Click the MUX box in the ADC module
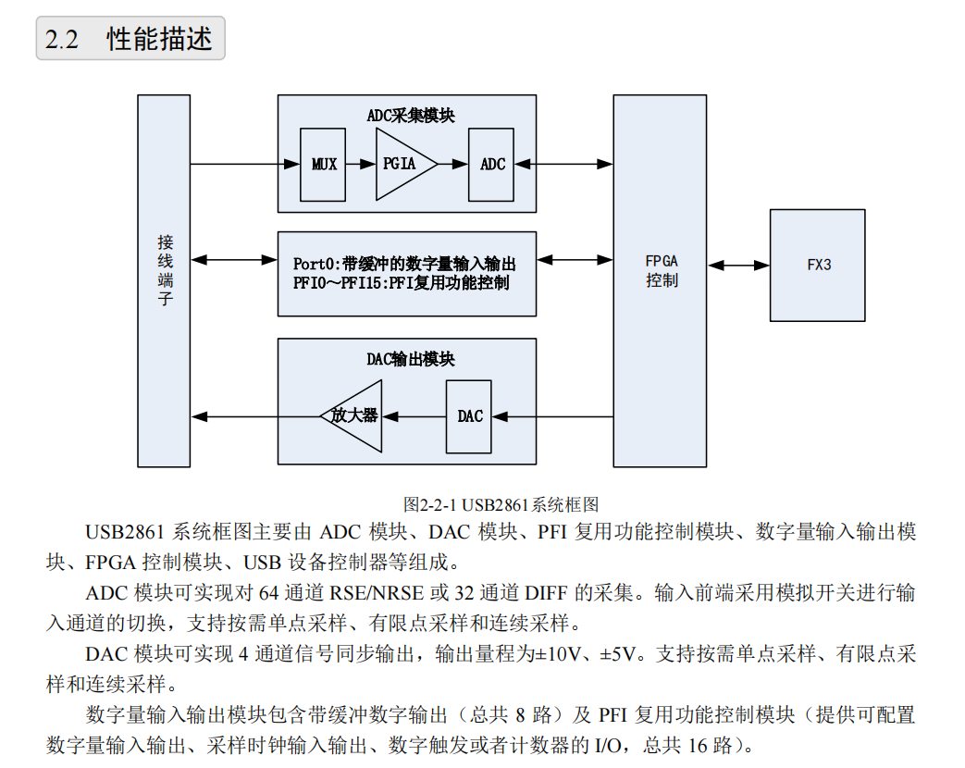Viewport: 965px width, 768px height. coord(323,165)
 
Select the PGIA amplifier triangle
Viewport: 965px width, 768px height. coord(400,165)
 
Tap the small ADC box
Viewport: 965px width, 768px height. coord(491,165)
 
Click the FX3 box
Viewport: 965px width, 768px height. coord(818,265)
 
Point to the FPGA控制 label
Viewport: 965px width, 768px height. coord(662,270)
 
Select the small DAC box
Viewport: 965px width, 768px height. coord(469,416)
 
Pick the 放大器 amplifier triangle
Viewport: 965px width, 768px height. coord(355,415)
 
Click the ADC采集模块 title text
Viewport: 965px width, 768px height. coord(410,116)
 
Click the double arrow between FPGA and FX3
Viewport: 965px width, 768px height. coord(738,266)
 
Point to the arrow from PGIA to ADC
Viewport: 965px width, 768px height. coord(452,165)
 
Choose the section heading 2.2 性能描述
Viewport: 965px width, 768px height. coord(130,40)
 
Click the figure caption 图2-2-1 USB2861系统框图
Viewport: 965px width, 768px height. coord(501,504)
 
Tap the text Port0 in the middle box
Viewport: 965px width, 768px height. coord(315,264)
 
